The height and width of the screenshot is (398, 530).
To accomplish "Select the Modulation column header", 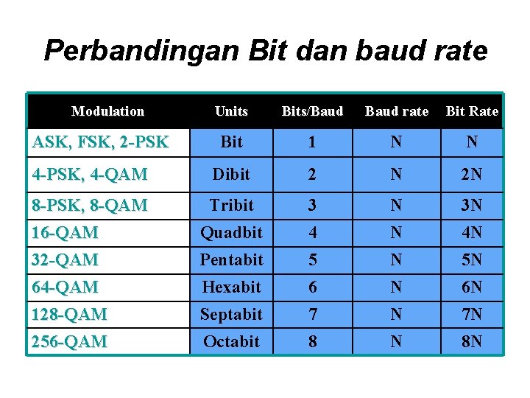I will (x=107, y=111).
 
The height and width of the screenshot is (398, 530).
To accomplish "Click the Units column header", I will (x=231, y=111).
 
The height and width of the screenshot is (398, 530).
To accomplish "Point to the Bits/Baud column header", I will (x=312, y=111).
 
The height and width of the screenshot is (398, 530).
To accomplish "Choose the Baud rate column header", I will (x=397, y=111).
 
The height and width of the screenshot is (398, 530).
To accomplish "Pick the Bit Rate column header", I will (x=472, y=111).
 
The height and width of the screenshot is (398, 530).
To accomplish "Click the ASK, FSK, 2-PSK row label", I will (x=100, y=142).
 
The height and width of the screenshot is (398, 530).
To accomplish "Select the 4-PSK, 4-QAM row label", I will (x=90, y=174).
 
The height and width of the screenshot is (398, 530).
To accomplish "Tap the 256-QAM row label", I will (x=69, y=341).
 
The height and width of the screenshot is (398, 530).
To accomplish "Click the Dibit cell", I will (x=231, y=174).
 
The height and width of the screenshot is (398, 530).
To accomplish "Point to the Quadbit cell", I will (x=231, y=232).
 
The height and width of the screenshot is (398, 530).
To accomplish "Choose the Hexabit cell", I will (x=231, y=287).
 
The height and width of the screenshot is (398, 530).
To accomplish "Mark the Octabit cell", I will (x=231, y=341).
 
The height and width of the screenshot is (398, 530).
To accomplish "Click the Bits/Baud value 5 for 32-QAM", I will (x=313, y=259).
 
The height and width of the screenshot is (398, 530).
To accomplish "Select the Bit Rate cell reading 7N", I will (x=472, y=314).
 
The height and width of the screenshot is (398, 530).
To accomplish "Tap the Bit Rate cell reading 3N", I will (x=472, y=205).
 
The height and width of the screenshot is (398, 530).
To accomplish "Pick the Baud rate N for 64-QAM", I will (x=397, y=287).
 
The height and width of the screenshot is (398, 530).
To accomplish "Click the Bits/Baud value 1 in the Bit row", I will (x=312, y=142).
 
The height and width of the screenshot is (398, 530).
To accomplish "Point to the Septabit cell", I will (x=231, y=314).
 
